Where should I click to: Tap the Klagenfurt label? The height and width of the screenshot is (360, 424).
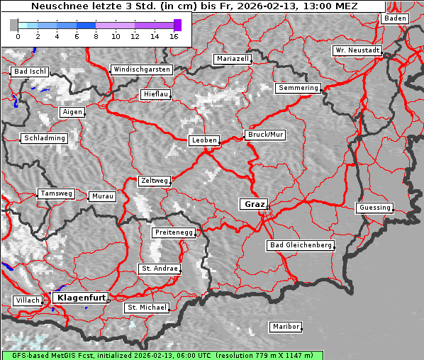(81, 298)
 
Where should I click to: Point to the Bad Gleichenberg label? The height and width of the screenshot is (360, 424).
(300, 245)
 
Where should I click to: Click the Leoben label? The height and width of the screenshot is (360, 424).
(204, 140)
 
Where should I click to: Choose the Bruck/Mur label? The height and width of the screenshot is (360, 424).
(265, 134)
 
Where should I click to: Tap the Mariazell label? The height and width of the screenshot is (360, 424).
(233, 59)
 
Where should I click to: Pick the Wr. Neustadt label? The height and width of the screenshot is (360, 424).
(357, 51)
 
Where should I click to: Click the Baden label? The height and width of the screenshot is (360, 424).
(395, 18)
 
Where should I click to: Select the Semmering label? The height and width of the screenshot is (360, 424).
(298, 88)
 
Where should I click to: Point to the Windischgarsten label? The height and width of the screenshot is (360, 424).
(141, 69)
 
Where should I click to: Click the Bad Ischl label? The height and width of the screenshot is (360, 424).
(30, 72)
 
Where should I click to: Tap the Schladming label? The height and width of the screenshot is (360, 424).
(44, 138)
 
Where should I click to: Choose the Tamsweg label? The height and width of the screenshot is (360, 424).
(55, 193)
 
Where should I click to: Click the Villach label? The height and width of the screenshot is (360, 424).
(27, 300)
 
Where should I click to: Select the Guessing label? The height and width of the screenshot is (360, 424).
(374, 208)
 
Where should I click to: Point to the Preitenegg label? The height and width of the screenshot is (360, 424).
(172, 232)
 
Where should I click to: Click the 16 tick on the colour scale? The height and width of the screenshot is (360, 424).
(174, 35)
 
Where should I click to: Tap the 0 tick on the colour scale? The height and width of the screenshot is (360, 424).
(18, 35)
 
